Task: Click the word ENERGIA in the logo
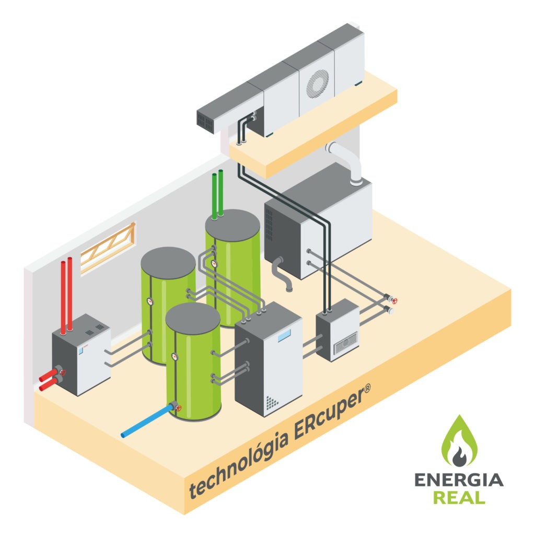tap(458, 480)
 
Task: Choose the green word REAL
tap(459, 497)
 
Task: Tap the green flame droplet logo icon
tap(458, 442)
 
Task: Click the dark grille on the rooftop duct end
tap(206, 121)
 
